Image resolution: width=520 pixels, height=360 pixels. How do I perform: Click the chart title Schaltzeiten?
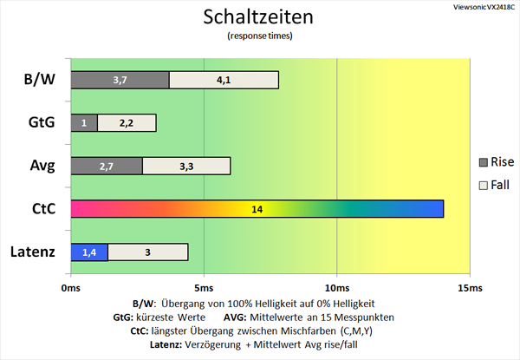[x=258, y=17]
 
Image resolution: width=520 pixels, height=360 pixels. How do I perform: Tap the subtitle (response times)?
[x=260, y=36]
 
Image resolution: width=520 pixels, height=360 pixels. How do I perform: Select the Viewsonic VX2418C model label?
[x=484, y=7]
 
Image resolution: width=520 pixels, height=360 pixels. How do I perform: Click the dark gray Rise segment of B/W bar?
[x=120, y=80]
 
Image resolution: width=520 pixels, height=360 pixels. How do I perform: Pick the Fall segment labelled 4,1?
[x=224, y=80]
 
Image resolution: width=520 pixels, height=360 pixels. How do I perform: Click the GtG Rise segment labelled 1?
[x=84, y=123]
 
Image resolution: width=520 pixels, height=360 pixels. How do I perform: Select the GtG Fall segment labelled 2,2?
[x=127, y=123]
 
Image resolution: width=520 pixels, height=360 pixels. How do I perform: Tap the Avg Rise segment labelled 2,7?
[x=107, y=166]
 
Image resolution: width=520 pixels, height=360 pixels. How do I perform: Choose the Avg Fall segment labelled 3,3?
[x=186, y=166]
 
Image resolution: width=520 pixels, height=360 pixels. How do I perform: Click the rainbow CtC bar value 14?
[x=257, y=209]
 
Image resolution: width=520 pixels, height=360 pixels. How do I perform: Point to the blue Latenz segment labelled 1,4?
[x=89, y=252]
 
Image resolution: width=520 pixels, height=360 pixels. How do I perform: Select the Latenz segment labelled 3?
[x=148, y=252]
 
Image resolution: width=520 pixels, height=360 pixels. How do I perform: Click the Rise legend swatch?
[x=484, y=162]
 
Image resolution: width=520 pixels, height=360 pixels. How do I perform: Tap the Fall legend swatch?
[x=484, y=186]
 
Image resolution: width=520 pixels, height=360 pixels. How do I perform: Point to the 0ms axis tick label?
[x=71, y=288]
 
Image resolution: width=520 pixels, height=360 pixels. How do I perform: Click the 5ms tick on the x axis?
[x=204, y=288]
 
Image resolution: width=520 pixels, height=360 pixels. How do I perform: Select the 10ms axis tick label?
[x=337, y=288]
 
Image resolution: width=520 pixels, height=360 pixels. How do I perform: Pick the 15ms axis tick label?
[x=470, y=288]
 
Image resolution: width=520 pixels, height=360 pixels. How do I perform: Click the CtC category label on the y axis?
[x=44, y=209]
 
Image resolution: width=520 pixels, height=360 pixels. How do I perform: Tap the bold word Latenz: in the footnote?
[x=166, y=344]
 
